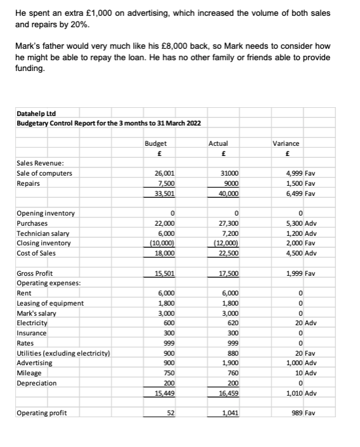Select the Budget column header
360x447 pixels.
[155, 143]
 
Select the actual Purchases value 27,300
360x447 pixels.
[228, 223]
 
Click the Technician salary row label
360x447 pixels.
[45, 233]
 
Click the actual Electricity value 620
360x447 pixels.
[232, 323]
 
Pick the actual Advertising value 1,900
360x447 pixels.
[230, 363]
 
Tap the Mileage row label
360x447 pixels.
[30, 373]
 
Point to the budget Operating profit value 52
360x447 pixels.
[170, 413]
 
